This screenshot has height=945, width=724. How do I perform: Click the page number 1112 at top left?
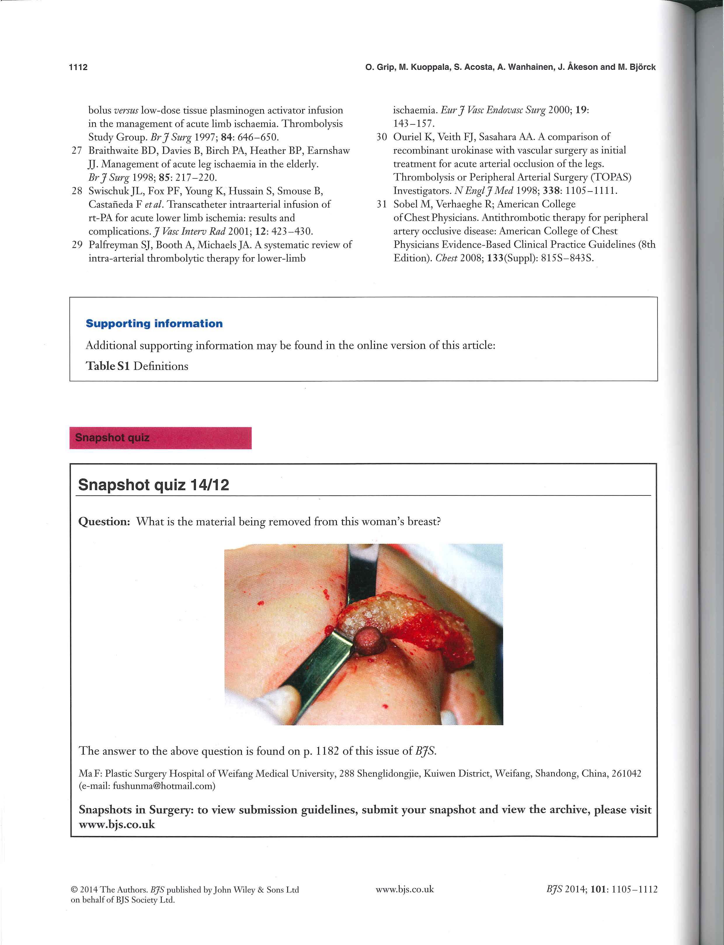tap(78, 67)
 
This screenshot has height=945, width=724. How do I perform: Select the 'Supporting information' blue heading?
tap(154, 324)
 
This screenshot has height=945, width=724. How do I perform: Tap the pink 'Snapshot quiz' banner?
tap(160, 438)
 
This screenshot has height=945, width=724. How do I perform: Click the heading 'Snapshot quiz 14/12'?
tap(154, 485)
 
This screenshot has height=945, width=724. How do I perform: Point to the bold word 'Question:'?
tap(104, 522)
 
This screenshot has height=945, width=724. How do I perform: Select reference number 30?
tap(381, 137)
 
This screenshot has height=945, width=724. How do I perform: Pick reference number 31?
tap(381, 204)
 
